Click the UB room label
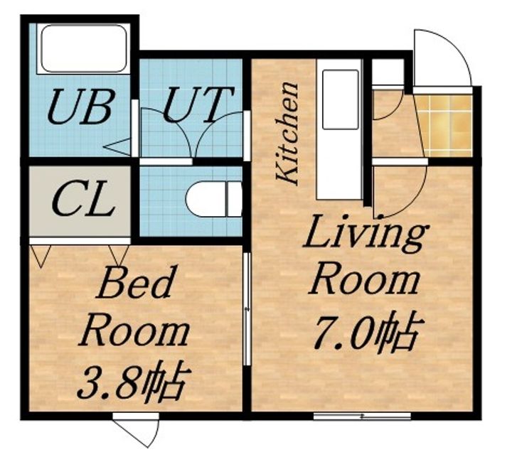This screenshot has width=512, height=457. [x=81, y=107]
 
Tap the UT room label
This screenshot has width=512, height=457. [x=198, y=104]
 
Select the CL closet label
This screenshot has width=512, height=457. [x=83, y=199]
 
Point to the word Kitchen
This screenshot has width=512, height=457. [x=287, y=133]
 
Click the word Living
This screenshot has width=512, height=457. [x=366, y=234]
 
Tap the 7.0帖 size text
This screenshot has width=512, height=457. [x=368, y=333]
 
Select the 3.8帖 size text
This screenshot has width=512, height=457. [x=134, y=381]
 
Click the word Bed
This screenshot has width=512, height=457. [x=134, y=282]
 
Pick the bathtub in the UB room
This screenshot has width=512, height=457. [x=84, y=48]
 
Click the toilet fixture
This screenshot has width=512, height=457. [x=214, y=199]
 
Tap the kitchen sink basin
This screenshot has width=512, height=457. [x=340, y=100]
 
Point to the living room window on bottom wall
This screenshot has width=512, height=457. [x=362, y=416]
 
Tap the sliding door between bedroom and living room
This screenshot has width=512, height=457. [x=247, y=308]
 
